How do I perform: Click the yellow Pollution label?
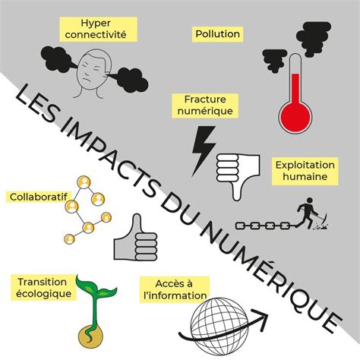coord(217,34)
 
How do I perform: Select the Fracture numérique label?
coord(205,106)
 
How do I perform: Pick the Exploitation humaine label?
coord(305,171)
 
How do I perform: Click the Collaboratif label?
coord(39,197)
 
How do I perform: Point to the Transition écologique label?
coord(43,288)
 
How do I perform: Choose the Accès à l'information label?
coord(175,289)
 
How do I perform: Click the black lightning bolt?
coord(204,151)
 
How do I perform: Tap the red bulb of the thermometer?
coord(295,117)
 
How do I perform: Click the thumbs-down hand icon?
coord(238,175)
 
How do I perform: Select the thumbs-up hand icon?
coord(135,239)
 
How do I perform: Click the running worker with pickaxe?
coord(311,213)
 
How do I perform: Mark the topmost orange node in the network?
coord(84,182)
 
